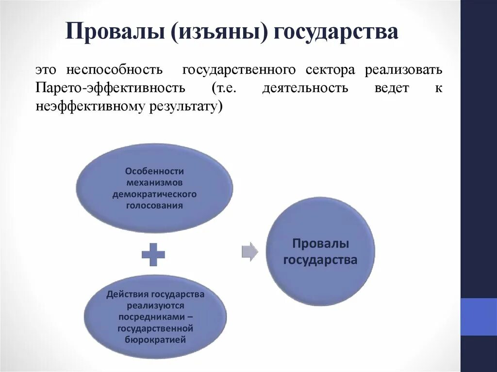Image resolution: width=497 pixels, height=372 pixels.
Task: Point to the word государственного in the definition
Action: point(239,70)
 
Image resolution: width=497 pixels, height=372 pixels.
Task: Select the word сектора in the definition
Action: point(330,70)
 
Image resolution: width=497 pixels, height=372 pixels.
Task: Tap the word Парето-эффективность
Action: point(110,88)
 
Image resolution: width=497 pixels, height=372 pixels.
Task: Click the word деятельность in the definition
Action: point(305,88)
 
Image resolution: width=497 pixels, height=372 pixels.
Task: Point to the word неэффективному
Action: point(87,107)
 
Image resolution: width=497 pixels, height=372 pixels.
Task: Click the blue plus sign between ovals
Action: point(153,254)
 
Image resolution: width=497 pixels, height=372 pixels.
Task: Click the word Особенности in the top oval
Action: point(154,171)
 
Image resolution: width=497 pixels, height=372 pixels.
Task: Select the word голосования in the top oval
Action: point(154,205)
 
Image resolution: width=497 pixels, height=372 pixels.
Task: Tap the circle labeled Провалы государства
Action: point(320,252)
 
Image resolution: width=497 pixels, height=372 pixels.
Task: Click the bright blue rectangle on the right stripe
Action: point(479,316)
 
